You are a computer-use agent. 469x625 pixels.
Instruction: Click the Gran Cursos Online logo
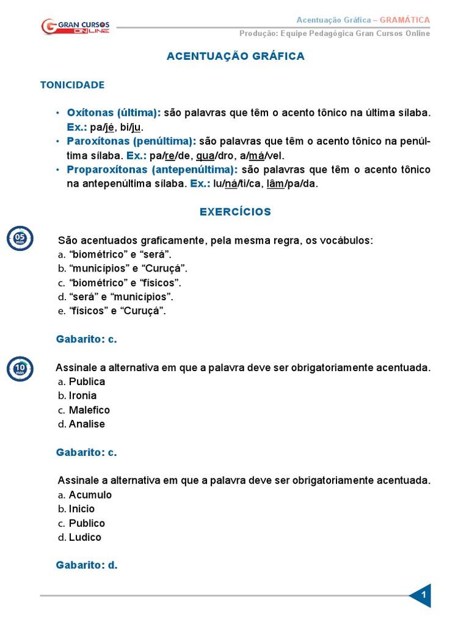pyautogui.click(x=75, y=27)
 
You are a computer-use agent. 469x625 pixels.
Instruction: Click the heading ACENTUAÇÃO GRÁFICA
pyautogui.click(x=235, y=56)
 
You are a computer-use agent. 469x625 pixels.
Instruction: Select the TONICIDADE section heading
pyautogui.click(x=72, y=85)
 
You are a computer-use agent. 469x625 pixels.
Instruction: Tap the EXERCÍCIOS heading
pyautogui.click(x=235, y=212)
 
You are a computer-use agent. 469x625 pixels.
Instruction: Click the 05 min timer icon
pyautogui.click(x=20, y=238)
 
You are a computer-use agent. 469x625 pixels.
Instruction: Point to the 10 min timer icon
pyautogui.click(x=20, y=369)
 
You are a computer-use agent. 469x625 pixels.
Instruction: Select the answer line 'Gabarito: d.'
pyautogui.click(x=86, y=565)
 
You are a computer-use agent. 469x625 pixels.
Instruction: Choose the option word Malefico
pyautogui.click(x=89, y=410)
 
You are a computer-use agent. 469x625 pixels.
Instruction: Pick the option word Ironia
pyautogui.click(x=82, y=396)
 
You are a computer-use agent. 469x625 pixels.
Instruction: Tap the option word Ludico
pyautogui.click(x=85, y=537)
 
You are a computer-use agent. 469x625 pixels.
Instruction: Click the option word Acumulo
pyautogui.click(x=90, y=494)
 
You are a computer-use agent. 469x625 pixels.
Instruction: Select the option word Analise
pyautogui.click(x=87, y=424)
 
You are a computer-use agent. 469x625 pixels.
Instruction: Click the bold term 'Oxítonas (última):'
pyautogui.click(x=114, y=113)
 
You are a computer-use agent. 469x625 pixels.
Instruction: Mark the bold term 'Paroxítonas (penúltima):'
pyautogui.click(x=131, y=141)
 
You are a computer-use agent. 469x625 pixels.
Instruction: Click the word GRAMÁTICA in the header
pyautogui.click(x=405, y=20)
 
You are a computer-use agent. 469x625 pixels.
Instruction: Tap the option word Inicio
pyautogui.click(x=82, y=508)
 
